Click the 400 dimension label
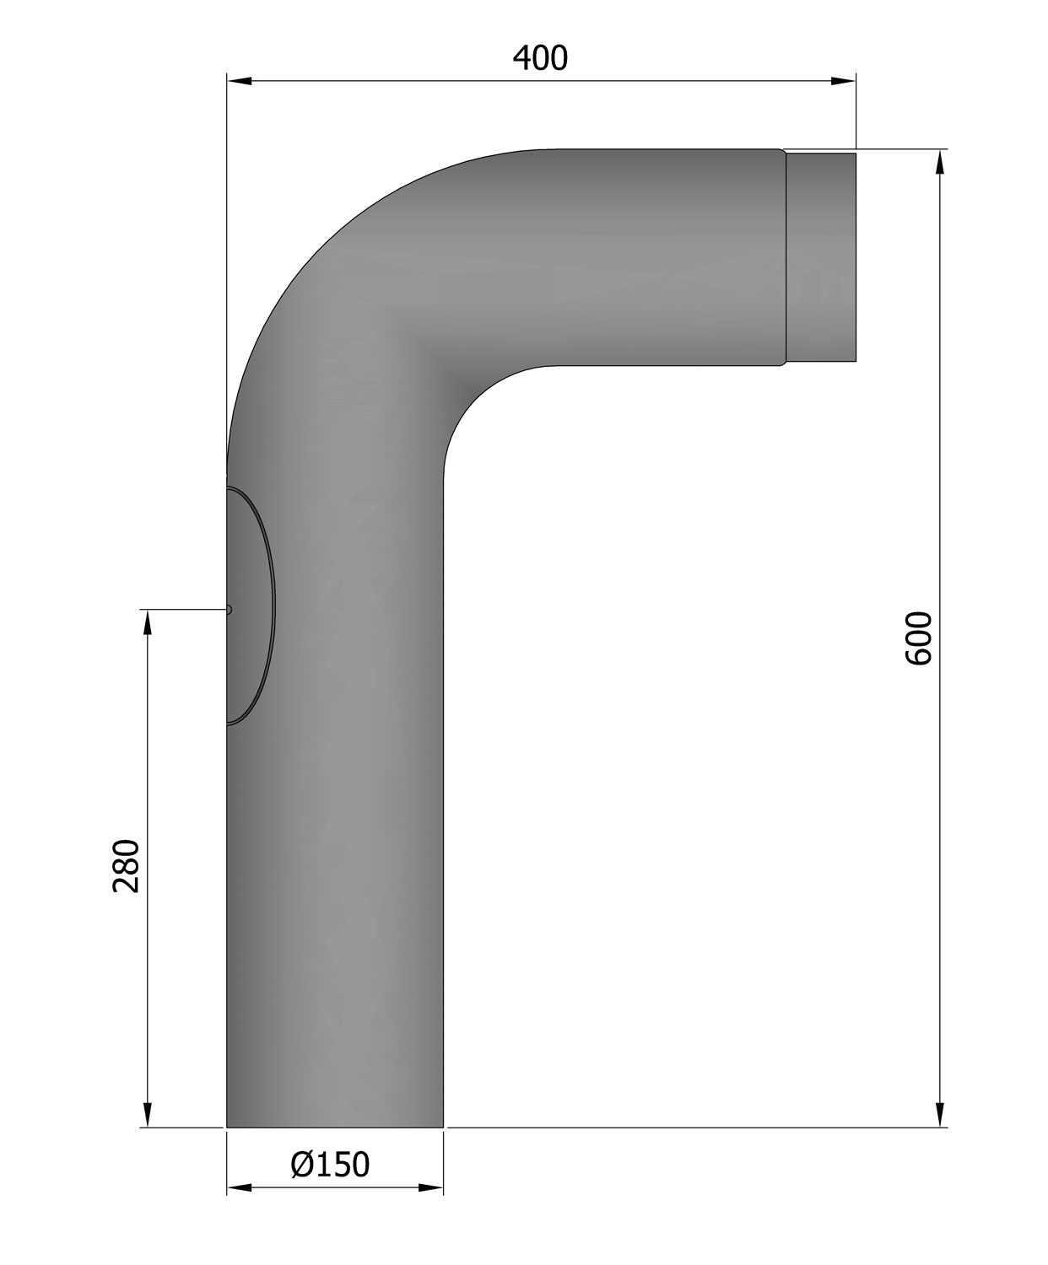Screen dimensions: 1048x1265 (540, 59)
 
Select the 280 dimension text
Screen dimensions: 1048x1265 (127, 866)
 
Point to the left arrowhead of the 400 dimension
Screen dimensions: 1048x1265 (239, 81)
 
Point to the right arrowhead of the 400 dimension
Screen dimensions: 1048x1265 (844, 81)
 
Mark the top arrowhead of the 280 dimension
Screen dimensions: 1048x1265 (148, 622)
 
